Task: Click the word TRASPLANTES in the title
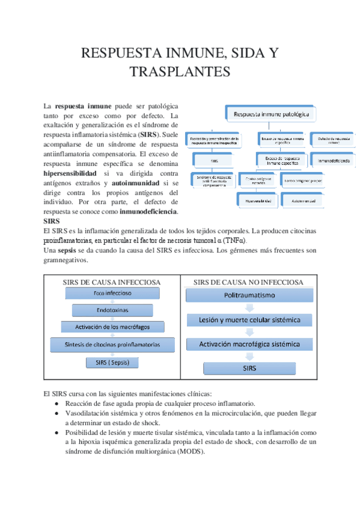coord(180,72)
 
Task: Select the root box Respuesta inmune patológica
coord(271,112)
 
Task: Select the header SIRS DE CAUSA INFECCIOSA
coord(112,282)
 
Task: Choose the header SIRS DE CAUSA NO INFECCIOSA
coord(248,281)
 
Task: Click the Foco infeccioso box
coord(112,293)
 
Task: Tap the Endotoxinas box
coord(112,310)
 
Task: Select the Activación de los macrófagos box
coord(113,327)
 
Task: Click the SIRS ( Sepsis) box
coord(112,363)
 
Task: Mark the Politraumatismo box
coord(249,296)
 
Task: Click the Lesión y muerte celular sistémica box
coord(249,320)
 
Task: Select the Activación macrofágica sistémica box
coord(249,344)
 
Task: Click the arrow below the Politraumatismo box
coord(249,307)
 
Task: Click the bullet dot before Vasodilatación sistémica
coord(56,414)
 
